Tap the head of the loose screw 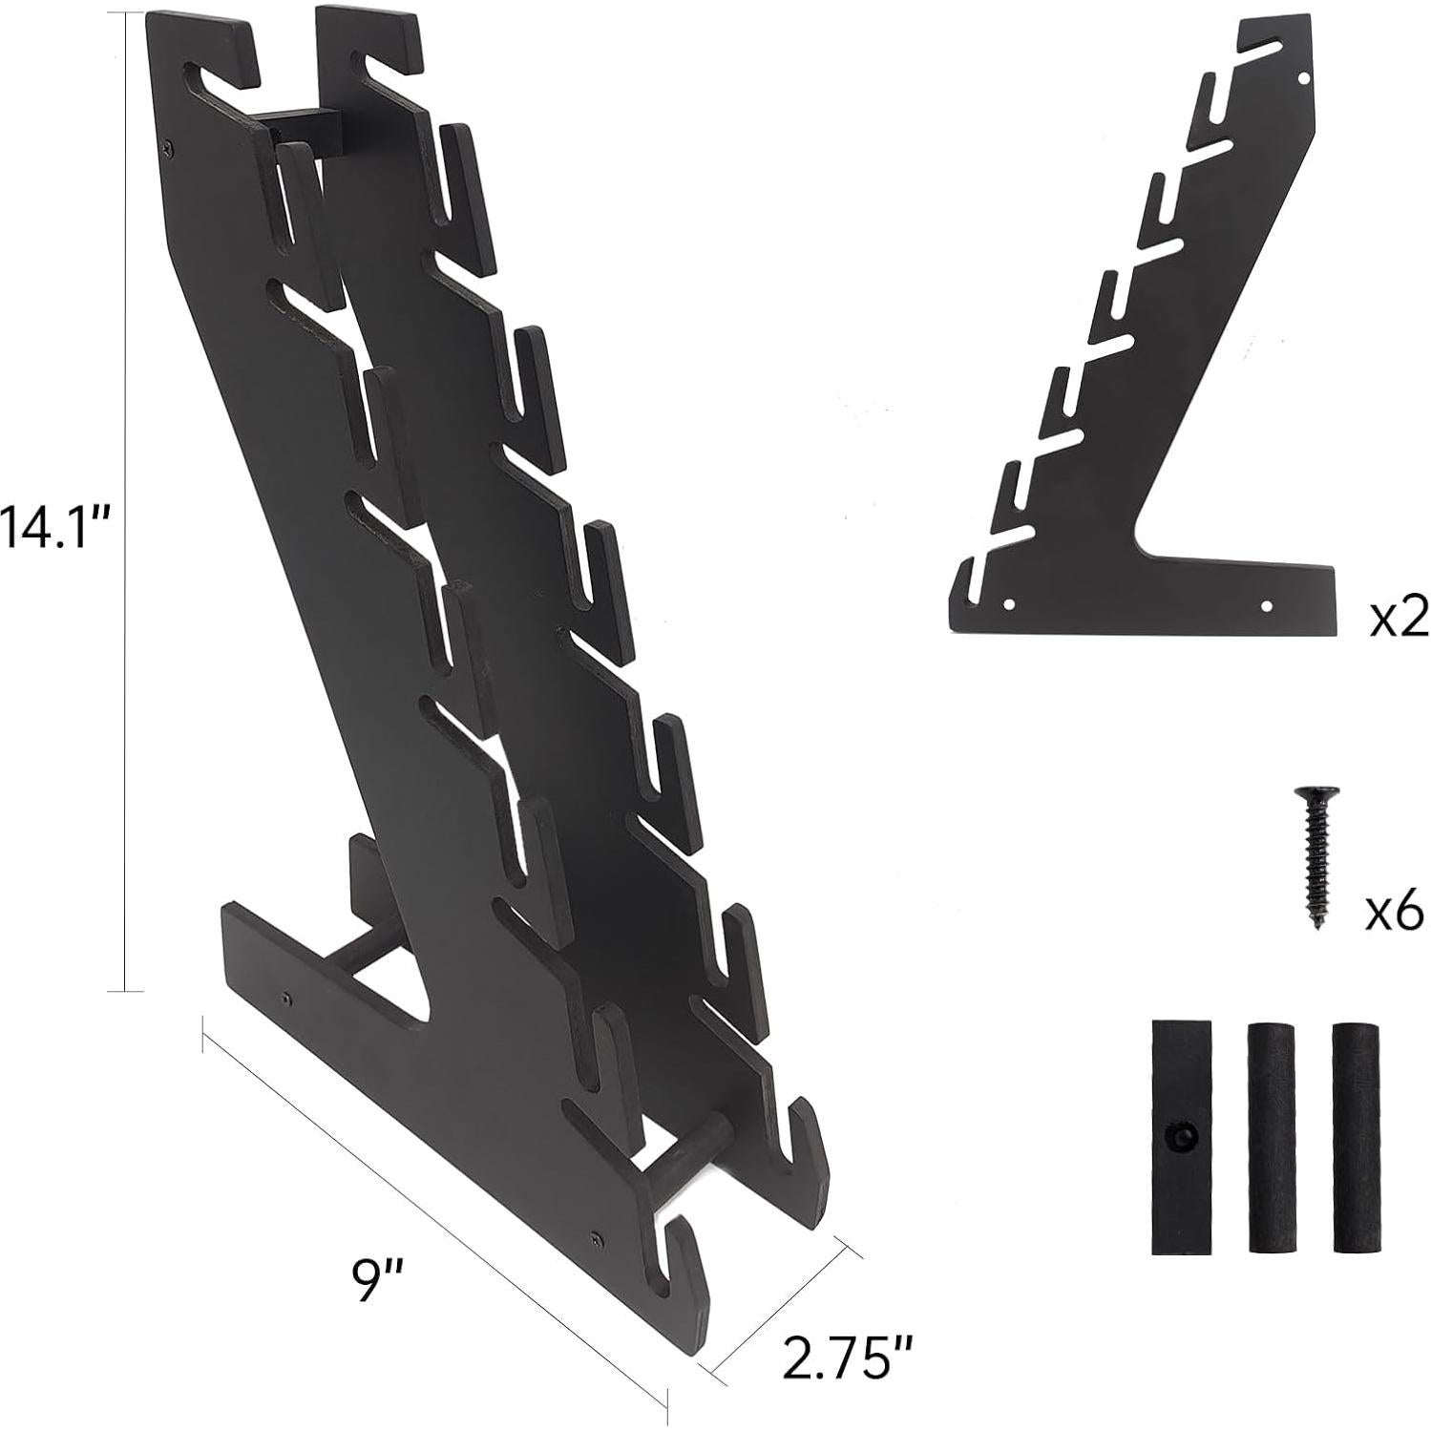1315,793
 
